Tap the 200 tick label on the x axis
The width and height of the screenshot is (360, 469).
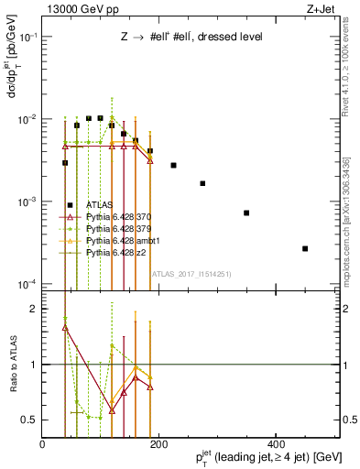[x=159, y=445]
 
